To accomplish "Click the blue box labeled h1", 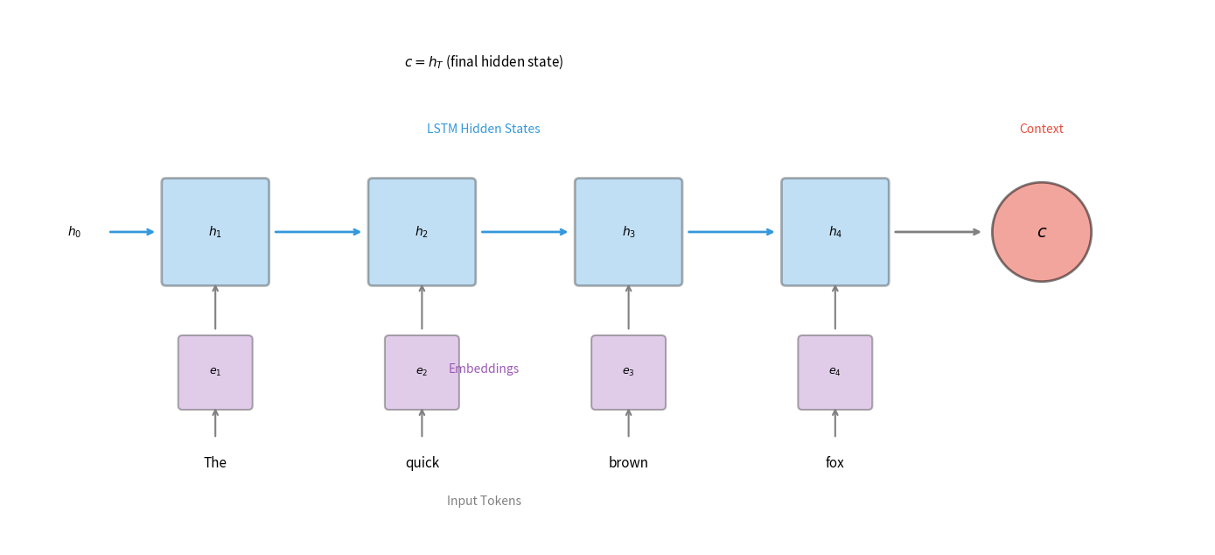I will [215, 232].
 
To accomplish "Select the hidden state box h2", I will [422, 232].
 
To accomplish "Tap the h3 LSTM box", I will [628, 232].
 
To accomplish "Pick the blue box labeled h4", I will [834, 232].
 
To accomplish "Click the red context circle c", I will [1041, 232].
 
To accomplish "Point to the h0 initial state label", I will [74, 232].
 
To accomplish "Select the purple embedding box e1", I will [215, 372].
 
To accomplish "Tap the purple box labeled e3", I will [628, 372].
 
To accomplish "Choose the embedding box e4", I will [834, 372].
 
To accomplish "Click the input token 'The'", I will [215, 463].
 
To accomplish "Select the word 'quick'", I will [422, 463].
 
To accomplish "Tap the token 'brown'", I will [628, 463].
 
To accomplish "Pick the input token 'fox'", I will [834, 463].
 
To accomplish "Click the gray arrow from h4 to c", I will [937, 232].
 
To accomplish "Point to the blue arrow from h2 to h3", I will [524, 232].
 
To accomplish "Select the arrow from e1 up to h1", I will [215, 307].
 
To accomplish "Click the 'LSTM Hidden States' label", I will [483, 129].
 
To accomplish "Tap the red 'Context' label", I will [1041, 129].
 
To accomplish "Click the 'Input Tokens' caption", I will [484, 501].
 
